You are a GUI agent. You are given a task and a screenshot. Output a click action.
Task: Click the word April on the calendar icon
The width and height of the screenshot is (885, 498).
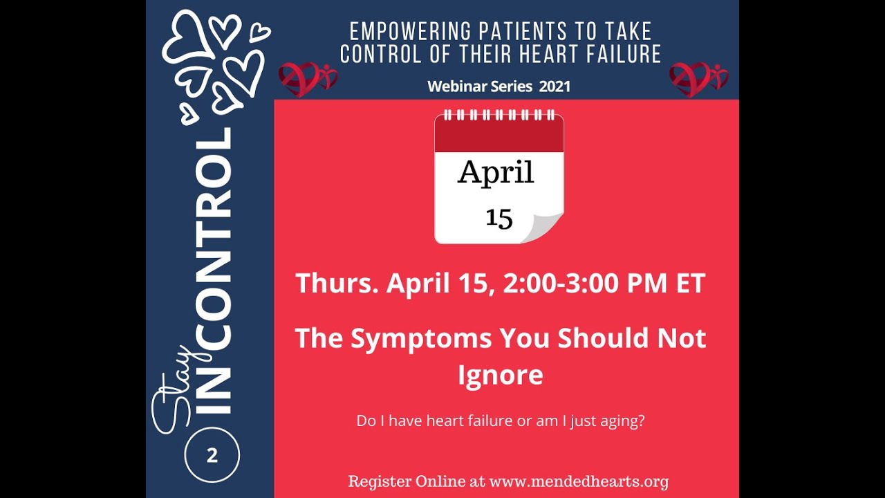(x=496, y=172)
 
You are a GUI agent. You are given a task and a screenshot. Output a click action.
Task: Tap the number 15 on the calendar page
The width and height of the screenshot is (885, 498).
(x=499, y=218)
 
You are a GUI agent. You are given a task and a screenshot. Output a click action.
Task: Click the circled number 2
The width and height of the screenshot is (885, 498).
(x=212, y=456)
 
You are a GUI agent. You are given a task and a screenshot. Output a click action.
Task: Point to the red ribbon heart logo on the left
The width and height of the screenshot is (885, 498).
(x=307, y=78)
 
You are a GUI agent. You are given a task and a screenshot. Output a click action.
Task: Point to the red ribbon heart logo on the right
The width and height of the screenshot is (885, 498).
(x=698, y=78)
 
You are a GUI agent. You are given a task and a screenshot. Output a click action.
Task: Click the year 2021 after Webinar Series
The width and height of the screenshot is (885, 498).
(x=555, y=86)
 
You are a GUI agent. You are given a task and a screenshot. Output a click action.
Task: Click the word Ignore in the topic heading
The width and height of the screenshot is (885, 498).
(x=500, y=375)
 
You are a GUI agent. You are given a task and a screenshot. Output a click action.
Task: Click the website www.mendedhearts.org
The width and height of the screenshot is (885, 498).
(x=579, y=481)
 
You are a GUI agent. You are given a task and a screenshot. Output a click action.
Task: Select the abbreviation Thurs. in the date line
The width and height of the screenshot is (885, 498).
(x=337, y=284)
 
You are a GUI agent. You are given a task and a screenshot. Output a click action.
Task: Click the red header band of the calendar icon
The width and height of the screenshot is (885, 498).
(x=499, y=138)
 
